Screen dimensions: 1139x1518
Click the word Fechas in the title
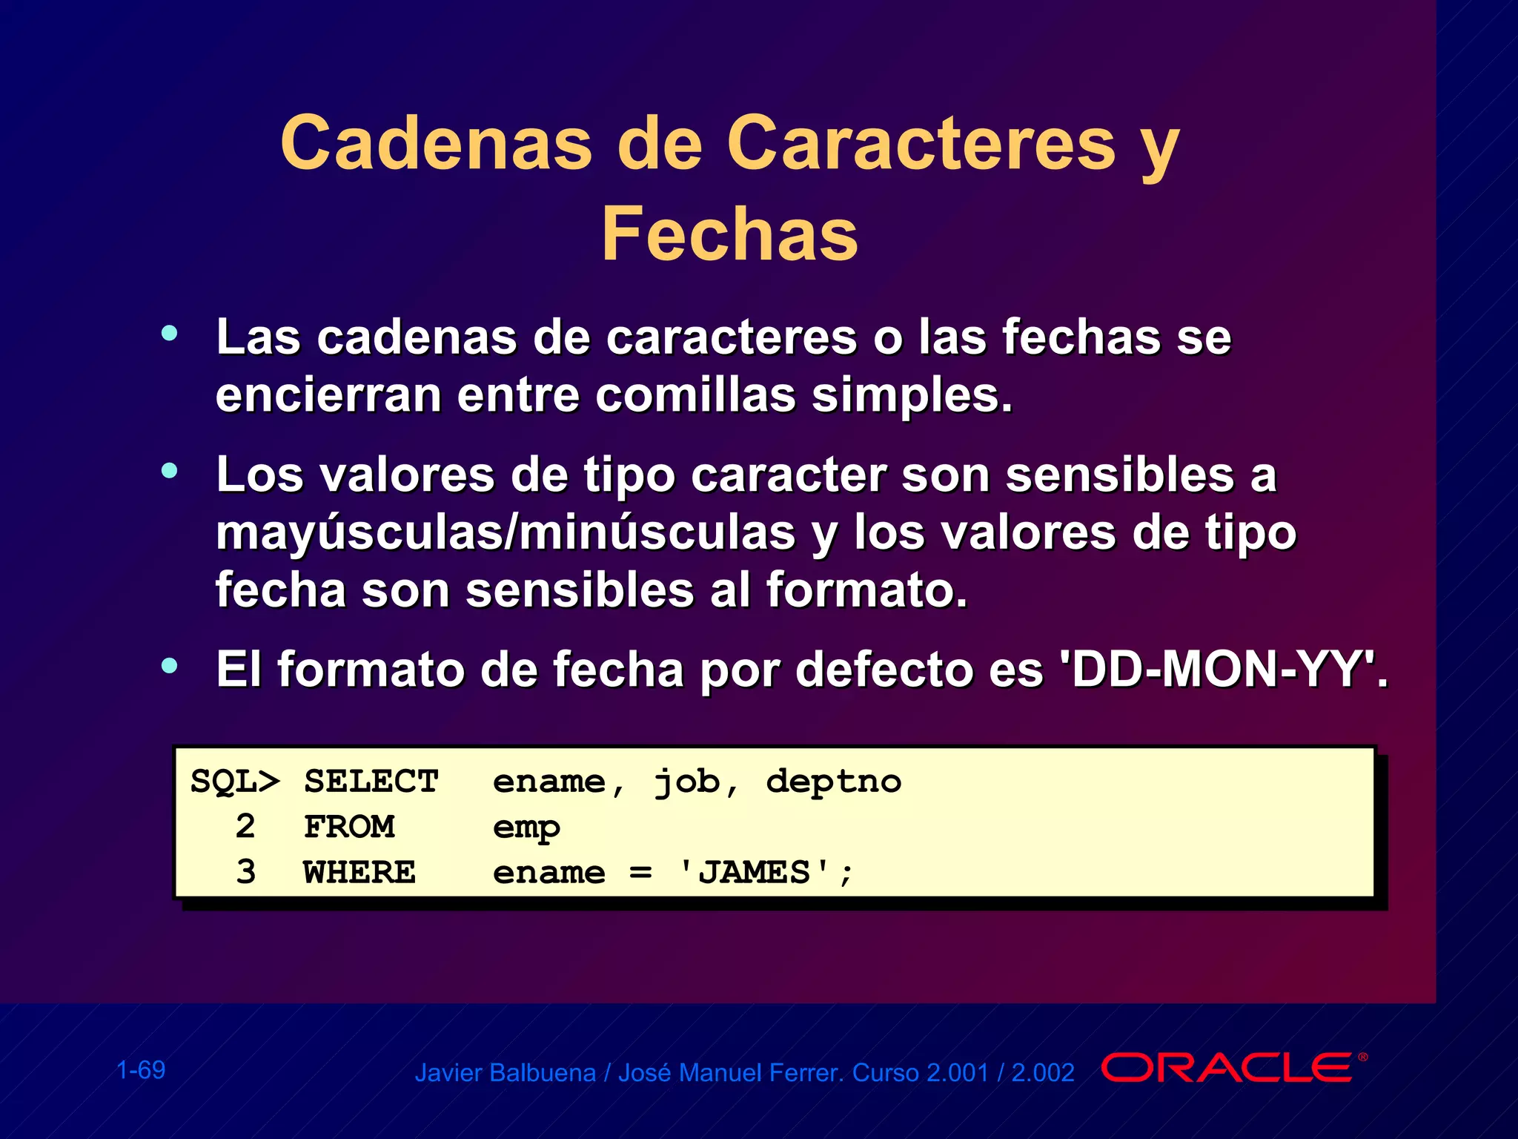tap(729, 234)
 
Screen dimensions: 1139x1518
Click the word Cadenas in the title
tap(437, 143)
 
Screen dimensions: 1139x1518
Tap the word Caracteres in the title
tap(921, 143)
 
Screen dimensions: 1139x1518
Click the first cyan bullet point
tap(170, 334)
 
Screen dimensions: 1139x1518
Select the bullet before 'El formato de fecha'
tap(170, 665)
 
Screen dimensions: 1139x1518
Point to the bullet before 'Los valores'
tap(170, 470)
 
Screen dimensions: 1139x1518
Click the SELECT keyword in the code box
tap(371, 782)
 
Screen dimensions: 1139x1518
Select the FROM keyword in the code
tap(349, 827)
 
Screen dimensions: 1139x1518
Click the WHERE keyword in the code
tap(359, 872)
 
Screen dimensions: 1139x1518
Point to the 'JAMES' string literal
tap(755, 872)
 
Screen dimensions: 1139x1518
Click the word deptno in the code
tap(833, 782)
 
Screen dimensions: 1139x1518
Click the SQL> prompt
tap(235, 782)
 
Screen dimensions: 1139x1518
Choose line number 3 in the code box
tap(245, 872)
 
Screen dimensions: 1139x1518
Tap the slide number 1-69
tap(141, 1070)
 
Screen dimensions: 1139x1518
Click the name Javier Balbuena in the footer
tap(505, 1073)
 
